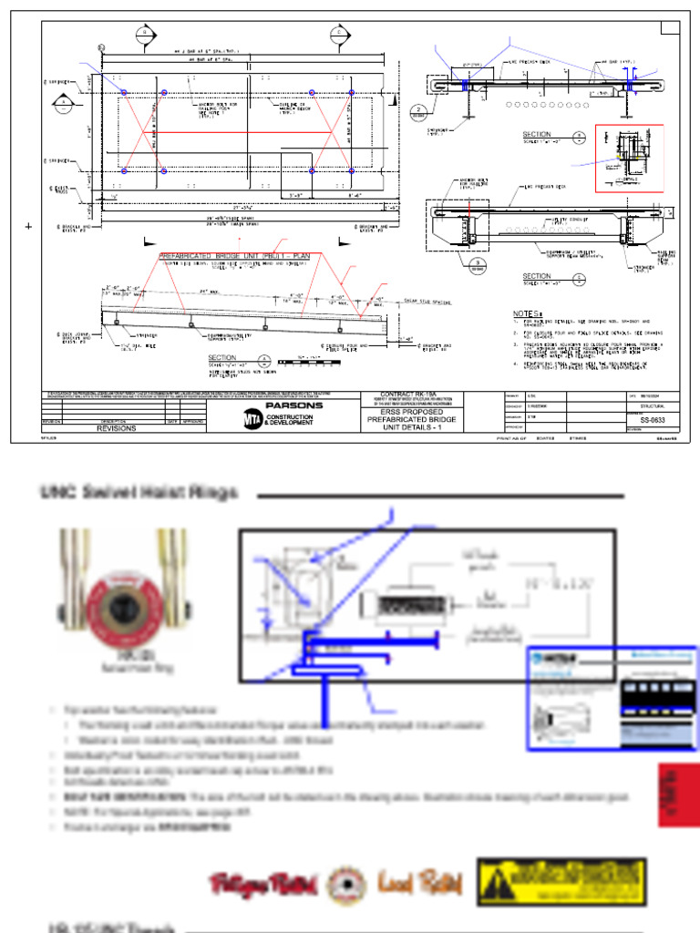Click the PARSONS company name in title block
(x=293, y=405)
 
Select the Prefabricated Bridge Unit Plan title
(x=234, y=257)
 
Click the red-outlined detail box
(x=629, y=159)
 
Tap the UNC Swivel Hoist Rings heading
(x=139, y=493)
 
